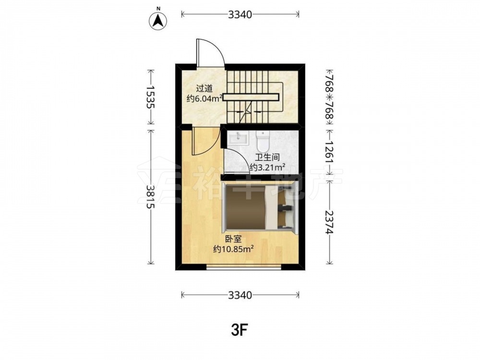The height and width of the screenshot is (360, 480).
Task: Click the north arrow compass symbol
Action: (x=158, y=21)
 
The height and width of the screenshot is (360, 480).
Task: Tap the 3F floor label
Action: (x=240, y=330)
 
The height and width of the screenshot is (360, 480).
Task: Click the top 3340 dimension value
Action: (x=240, y=14)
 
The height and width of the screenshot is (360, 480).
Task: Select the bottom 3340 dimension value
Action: (x=240, y=295)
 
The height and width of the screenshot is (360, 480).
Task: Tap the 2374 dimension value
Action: (x=329, y=222)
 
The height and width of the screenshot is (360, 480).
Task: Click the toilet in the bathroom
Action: (x=263, y=142)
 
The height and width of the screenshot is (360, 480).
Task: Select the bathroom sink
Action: (x=239, y=138)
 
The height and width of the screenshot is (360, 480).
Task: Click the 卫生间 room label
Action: (x=267, y=157)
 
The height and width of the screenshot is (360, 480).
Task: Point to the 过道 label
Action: (x=204, y=89)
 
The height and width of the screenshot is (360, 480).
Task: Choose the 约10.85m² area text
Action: (x=234, y=249)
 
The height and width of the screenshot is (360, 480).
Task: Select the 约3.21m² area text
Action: (x=267, y=168)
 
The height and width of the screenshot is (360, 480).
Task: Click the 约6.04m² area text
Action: (x=204, y=99)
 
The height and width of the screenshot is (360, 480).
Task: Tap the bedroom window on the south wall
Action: (x=244, y=267)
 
